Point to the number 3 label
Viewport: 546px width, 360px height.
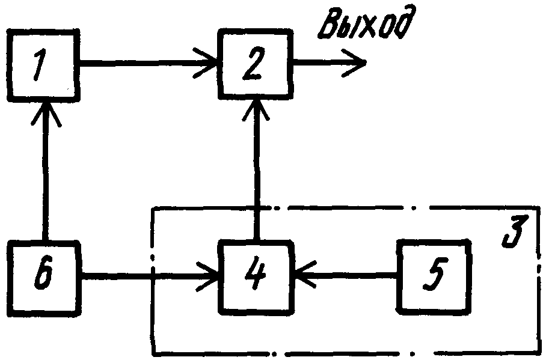[515, 231]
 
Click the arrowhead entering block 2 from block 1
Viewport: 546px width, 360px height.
[206, 63]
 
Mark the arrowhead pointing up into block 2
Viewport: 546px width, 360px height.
[256, 109]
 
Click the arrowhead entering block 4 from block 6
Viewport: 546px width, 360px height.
[207, 276]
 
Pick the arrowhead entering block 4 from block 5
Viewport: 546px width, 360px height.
[305, 274]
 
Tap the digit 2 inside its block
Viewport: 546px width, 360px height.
[254, 64]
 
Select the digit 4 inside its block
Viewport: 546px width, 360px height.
[256, 273]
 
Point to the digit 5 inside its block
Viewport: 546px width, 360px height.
[434, 274]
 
